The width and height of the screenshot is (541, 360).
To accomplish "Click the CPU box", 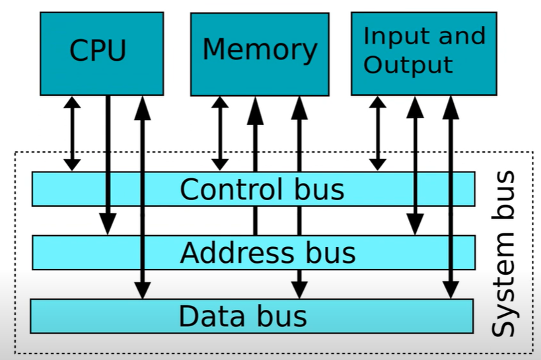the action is (x=102, y=54).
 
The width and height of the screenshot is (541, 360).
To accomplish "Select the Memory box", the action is (x=260, y=54).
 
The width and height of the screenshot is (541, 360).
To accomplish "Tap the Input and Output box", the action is (x=424, y=54).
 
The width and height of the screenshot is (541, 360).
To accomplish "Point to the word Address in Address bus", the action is (x=237, y=252).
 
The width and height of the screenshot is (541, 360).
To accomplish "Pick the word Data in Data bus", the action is (x=211, y=316).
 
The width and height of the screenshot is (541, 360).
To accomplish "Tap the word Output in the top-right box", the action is (x=408, y=65).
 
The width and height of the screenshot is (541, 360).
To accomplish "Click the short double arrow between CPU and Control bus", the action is (x=72, y=133).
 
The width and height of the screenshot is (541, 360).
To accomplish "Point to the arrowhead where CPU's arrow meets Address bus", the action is (x=108, y=224).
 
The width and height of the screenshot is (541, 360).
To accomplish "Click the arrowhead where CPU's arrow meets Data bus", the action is (x=143, y=290).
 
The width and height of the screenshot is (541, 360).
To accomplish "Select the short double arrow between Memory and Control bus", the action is (x=220, y=133).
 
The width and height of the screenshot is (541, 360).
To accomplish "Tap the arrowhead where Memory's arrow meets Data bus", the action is (x=299, y=290).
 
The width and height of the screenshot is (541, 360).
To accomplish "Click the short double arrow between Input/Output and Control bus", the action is (x=378, y=133).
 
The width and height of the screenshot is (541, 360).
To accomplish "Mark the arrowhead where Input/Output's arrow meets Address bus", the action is (x=415, y=225).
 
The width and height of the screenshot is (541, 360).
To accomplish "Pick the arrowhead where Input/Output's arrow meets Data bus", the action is (x=451, y=290).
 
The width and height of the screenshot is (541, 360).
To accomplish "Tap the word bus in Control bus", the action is (x=319, y=189).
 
